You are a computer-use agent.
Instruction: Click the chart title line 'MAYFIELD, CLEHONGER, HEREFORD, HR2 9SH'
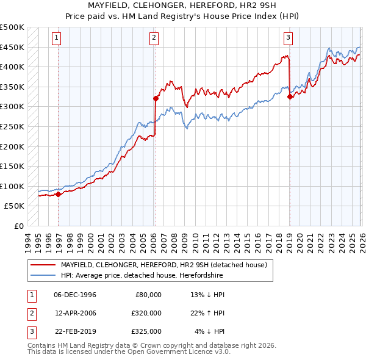183,5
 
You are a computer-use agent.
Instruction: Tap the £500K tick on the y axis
12,27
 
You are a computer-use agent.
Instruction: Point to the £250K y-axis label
12,126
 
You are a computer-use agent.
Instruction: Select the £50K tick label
15,206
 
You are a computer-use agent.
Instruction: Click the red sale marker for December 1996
59,195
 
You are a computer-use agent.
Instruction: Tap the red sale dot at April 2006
156,98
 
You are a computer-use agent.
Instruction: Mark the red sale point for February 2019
289,96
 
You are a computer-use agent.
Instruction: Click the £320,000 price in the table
147,313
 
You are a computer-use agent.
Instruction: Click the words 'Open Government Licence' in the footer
177,352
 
